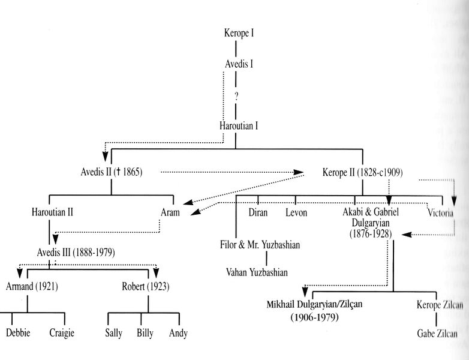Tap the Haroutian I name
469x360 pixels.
point(238,126)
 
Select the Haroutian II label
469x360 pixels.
point(53,212)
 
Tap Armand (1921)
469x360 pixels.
point(32,286)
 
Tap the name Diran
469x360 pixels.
point(258,212)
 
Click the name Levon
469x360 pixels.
point(296,212)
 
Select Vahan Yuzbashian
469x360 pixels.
point(257,272)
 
